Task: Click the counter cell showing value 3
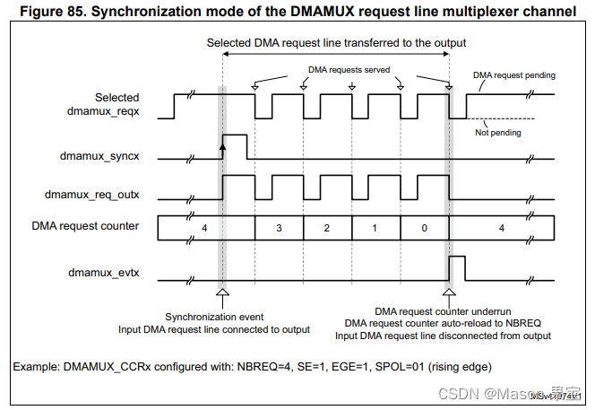pyautogui.click(x=279, y=229)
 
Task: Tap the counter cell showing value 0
pyautogui.click(x=424, y=229)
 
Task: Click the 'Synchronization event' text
pyautogui.click(x=213, y=317)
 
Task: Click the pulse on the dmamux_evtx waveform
pyautogui.click(x=457, y=267)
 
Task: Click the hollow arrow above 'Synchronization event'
pyautogui.click(x=222, y=292)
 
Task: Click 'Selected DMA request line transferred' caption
pyautogui.click(x=336, y=42)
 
